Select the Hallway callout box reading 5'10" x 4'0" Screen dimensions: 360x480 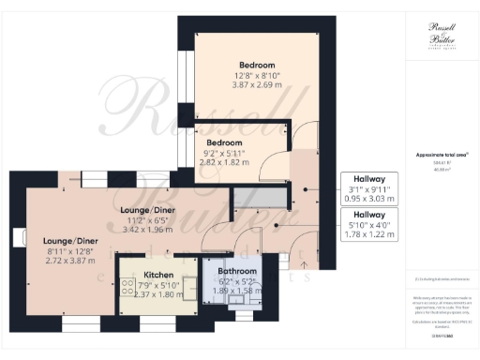(368, 225)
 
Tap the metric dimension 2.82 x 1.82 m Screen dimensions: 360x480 (229, 161)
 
